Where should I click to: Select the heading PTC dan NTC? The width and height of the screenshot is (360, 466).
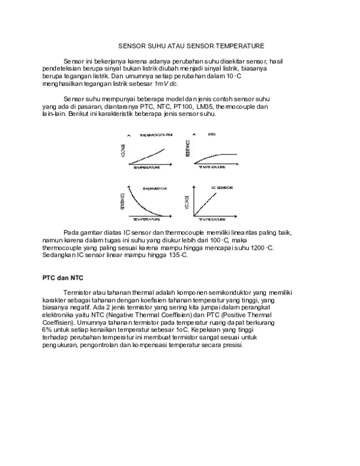(62, 278)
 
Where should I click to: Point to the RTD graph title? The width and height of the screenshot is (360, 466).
(212, 135)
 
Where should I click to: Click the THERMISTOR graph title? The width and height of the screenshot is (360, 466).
(154, 188)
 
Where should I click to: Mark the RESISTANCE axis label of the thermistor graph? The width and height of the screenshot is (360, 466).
(123, 201)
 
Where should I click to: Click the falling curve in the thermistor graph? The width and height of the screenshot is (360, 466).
(144, 206)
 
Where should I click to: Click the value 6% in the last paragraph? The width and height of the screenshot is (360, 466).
(47, 330)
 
